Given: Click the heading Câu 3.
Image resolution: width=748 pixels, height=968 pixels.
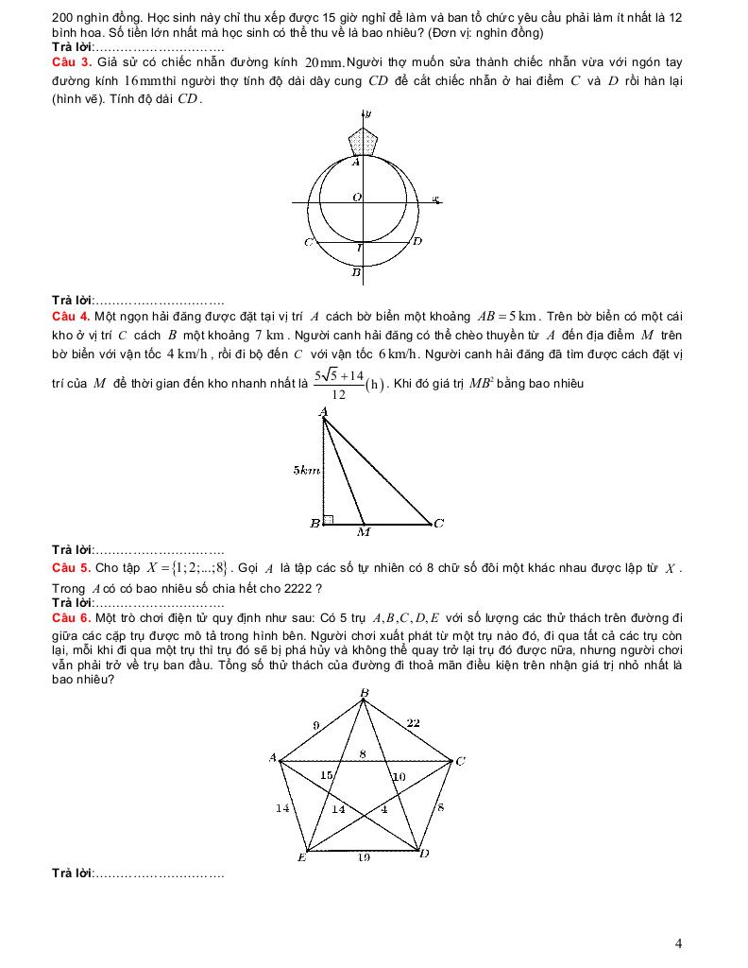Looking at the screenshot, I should click(x=72, y=62).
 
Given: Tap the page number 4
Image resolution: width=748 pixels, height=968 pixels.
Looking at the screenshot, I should click(x=679, y=942).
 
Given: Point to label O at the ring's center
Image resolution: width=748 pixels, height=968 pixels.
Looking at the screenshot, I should click(x=357, y=198).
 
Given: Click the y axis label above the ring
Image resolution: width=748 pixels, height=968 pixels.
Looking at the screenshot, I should click(x=368, y=112).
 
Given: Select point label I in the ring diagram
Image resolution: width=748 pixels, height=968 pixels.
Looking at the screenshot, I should click(x=360, y=249).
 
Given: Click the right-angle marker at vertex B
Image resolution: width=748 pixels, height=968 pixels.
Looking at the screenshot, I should click(x=328, y=519).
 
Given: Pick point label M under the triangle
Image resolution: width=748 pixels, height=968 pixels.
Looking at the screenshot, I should click(x=364, y=532).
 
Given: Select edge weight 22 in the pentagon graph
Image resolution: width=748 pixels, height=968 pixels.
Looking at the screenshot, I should click(x=414, y=723).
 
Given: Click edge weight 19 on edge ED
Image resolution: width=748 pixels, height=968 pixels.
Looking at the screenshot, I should click(x=364, y=857).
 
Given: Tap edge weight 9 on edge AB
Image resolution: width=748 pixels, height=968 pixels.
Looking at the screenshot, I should click(x=315, y=725).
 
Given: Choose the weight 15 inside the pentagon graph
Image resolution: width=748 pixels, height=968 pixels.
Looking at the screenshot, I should click(x=327, y=775).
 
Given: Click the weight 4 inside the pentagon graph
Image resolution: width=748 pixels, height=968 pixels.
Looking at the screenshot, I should click(x=383, y=808).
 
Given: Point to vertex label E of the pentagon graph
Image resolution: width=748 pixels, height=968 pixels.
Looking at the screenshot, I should click(x=301, y=857).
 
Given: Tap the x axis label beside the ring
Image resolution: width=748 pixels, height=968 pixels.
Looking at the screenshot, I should click(x=435, y=199).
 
